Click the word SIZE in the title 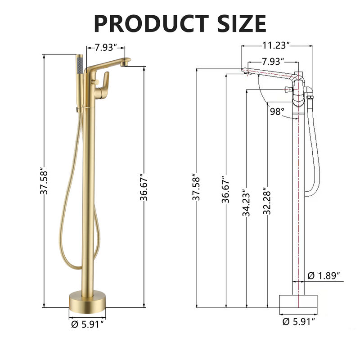tap(238, 22)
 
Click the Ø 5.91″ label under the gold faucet tap(89, 323)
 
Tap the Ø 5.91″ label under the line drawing tap(298, 321)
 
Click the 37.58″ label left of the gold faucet tap(44, 181)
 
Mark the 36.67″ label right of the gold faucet tap(144, 187)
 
